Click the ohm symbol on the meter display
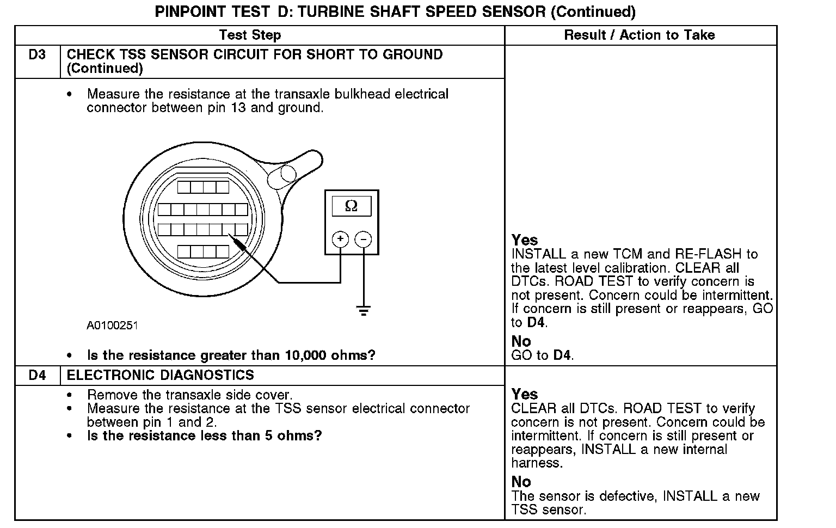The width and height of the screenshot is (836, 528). (x=352, y=206)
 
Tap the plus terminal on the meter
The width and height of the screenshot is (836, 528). (x=340, y=239)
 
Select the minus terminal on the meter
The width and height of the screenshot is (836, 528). (x=363, y=239)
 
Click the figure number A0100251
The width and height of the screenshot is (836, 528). (x=112, y=326)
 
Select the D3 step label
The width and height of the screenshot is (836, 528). (x=37, y=55)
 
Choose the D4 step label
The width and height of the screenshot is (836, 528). (x=37, y=376)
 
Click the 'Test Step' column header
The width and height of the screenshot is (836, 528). (x=250, y=35)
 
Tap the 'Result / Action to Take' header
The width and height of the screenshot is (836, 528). (x=640, y=35)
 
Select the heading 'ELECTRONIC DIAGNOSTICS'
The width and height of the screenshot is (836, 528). (x=160, y=376)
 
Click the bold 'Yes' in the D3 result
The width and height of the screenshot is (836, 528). (x=525, y=240)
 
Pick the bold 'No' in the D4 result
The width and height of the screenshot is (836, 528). (x=521, y=482)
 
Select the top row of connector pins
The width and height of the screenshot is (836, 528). (x=203, y=187)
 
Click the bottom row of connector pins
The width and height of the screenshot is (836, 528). (x=203, y=251)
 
